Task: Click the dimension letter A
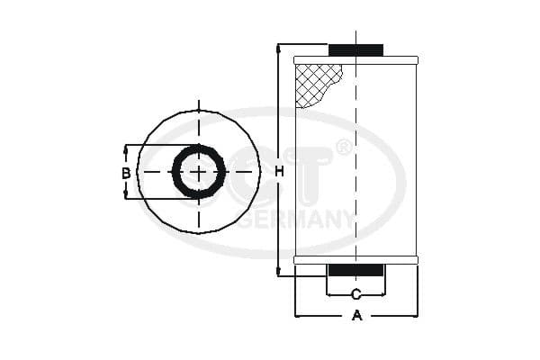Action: tap(356, 315)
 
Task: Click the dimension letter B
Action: tap(126, 172)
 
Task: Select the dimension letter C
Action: tap(355, 294)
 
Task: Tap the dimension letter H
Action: tap(279, 171)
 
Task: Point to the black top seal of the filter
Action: tap(355, 49)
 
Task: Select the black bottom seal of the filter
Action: tap(355, 270)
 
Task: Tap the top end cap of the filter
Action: tap(355, 60)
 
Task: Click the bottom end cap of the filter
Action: tap(355, 260)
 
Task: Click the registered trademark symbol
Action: tap(344, 147)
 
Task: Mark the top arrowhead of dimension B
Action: tap(126, 148)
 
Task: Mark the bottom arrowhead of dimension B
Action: tap(126, 195)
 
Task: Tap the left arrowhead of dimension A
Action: tap(299, 315)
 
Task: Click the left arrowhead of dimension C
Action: tap(330, 294)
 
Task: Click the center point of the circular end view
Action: tap(198, 172)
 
